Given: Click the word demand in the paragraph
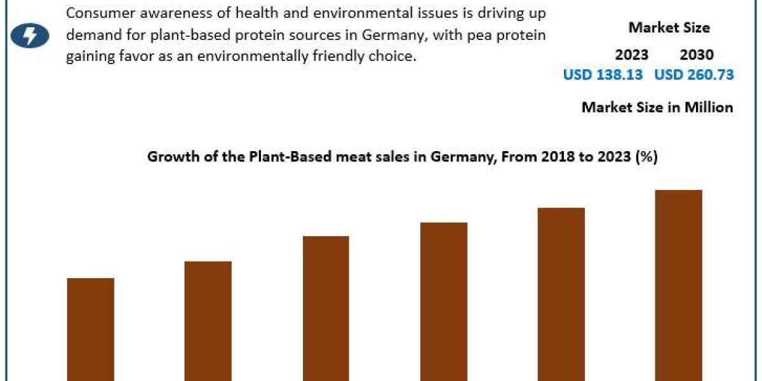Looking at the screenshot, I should (90, 35).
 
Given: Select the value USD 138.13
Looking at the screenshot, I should (603, 75).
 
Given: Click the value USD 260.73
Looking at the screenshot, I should (694, 75).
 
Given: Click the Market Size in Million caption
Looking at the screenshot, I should (657, 107).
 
